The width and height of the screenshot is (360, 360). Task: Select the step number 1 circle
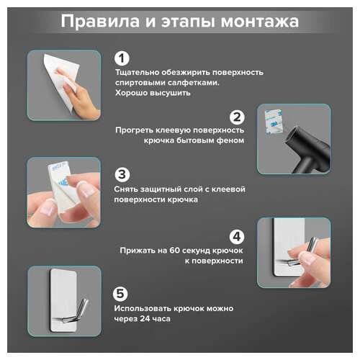pos(122,58)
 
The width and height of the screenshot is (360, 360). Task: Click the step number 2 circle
pos(238,116)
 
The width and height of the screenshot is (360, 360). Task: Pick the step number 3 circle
pos(122,174)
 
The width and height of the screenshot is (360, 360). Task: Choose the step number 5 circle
pos(122,293)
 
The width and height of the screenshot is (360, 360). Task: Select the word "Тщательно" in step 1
pos(136,72)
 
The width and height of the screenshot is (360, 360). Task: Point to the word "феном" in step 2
pos(229,141)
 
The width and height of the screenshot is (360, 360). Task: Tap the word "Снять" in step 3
pos(127,189)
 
